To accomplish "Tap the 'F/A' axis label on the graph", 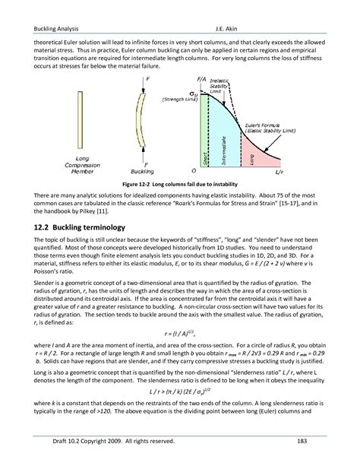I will [201, 79].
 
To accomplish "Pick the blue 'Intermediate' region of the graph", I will [223, 137].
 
